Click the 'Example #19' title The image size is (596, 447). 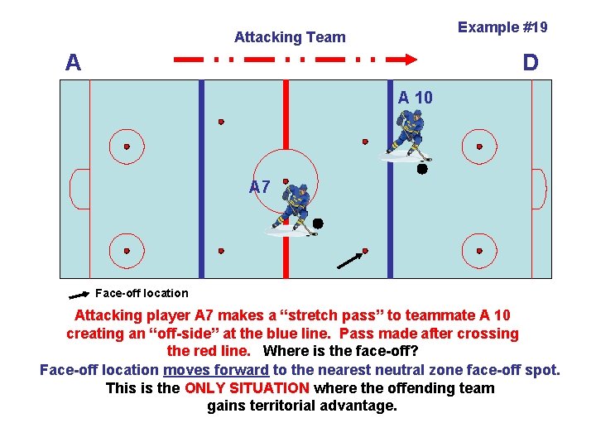pyautogui.click(x=502, y=27)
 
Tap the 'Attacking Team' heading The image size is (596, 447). pyautogui.click(x=290, y=37)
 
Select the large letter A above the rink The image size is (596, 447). pyautogui.click(x=74, y=62)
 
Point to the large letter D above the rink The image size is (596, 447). pyautogui.click(x=530, y=62)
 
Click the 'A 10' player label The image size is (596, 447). pyautogui.click(x=415, y=98)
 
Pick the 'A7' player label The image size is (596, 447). pyautogui.click(x=260, y=187)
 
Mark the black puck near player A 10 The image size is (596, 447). pyautogui.click(x=422, y=169)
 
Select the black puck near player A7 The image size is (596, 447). pyautogui.click(x=317, y=223)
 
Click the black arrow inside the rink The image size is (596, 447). pyautogui.click(x=350, y=261)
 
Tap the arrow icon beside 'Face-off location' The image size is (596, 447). pyautogui.click(x=79, y=294)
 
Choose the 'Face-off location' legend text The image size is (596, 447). pyautogui.click(x=142, y=293)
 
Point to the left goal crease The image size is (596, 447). pyautogui.click(x=79, y=189)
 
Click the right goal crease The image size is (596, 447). pyautogui.click(x=537, y=189)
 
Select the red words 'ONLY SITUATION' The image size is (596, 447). pyautogui.click(x=248, y=388)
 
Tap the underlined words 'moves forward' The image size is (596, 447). pyautogui.click(x=216, y=370)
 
